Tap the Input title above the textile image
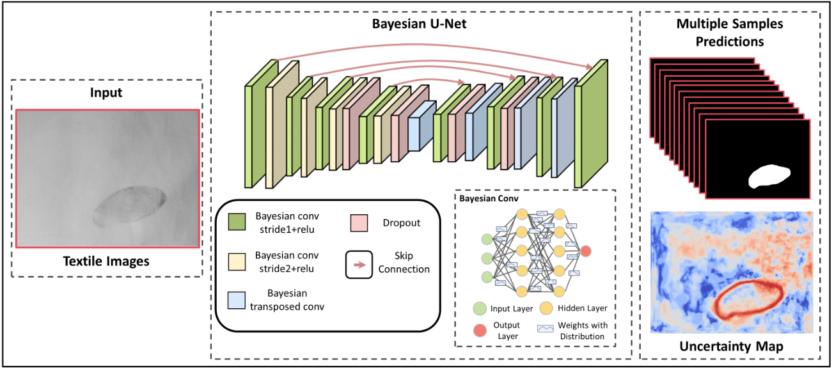(x=106, y=93)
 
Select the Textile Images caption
(x=106, y=261)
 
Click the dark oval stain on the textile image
(x=130, y=205)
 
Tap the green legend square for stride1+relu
(x=238, y=221)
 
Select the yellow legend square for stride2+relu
(x=238, y=260)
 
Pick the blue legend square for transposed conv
(x=238, y=299)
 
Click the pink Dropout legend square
(x=360, y=221)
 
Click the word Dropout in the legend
(x=402, y=223)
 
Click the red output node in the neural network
(x=585, y=250)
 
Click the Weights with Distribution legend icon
(x=545, y=328)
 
